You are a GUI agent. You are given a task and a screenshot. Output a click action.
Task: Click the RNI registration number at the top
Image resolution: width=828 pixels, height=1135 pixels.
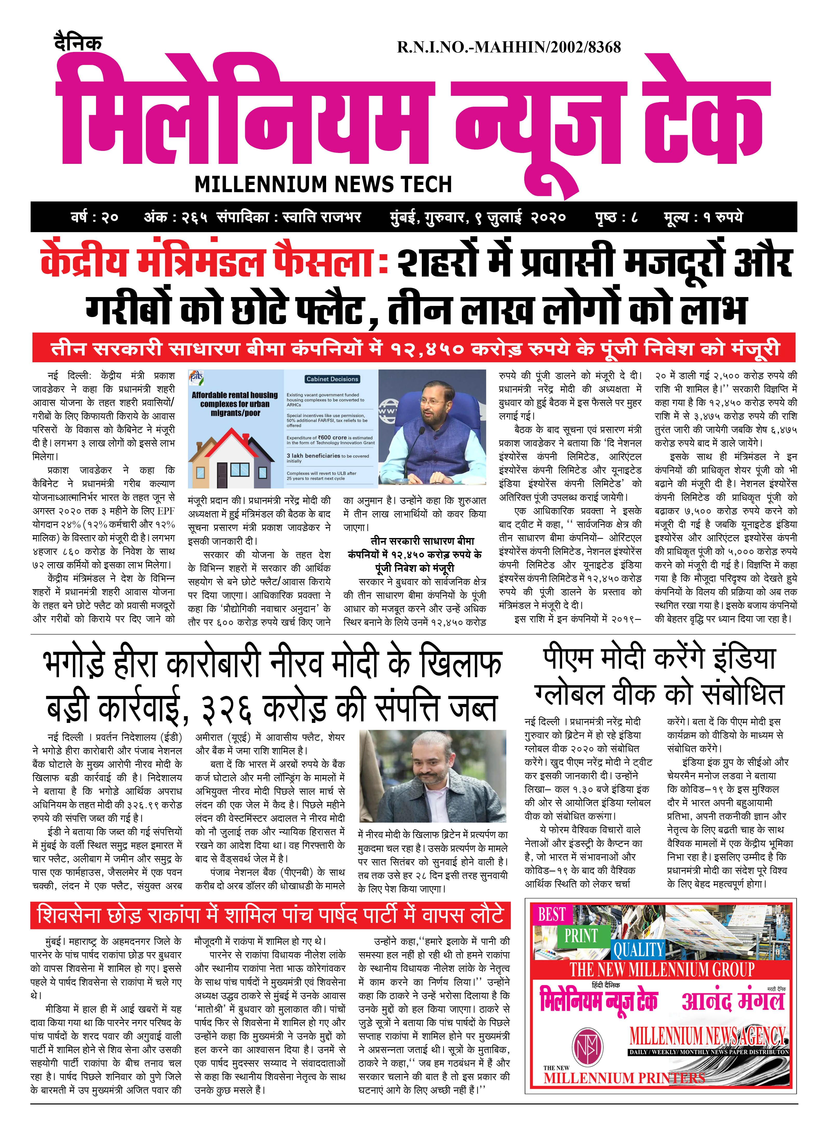(x=509, y=48)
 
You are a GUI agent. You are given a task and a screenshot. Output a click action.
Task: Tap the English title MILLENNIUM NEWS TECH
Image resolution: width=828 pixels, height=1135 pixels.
(x=323, y=184)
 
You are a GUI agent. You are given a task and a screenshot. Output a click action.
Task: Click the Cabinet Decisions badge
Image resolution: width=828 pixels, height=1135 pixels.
(x=332, y=379)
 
